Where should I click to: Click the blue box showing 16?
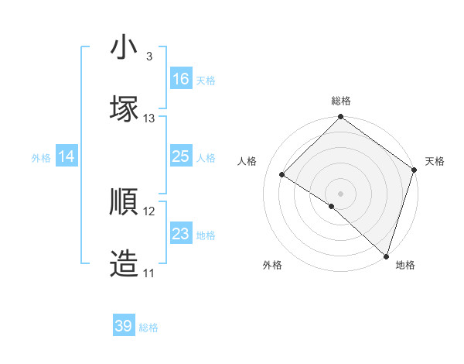tap(181, 79)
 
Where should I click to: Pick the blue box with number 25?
tap(181, 157)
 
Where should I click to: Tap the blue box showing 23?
tap(181, 234)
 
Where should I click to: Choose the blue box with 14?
tap(67, 157)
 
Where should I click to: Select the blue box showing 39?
tap(124, 326)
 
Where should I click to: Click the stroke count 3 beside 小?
tap(149, 57)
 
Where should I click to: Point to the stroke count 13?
tap(149, 118)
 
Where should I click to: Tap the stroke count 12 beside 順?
tap(149, 211)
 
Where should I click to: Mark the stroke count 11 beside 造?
tap(149, 273)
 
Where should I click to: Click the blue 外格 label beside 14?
tap(41, 158)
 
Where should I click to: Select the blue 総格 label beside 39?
tap(148, 328)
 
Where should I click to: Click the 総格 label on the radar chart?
tap(341, 101)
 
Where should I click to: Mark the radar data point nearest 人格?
tap(282, 175)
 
